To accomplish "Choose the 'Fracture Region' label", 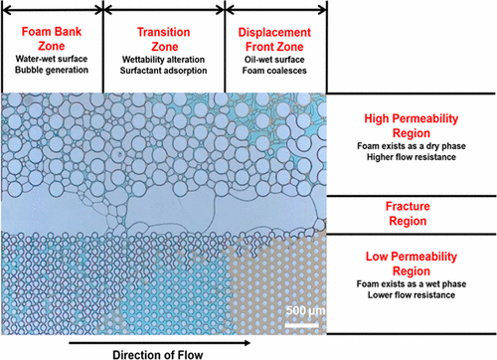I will click(x=411, y=211).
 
